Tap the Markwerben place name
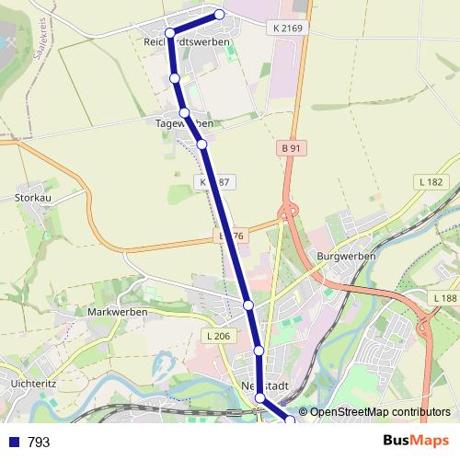point(111,312)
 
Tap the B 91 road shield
point(292,148)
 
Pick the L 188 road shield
point(443,299)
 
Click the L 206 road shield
point(218,336)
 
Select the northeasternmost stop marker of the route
point(220,14)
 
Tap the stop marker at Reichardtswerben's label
point(170,34)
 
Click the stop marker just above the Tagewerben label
point(185,113)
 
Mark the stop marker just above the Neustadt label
point(259,351)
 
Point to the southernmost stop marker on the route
point(291,420)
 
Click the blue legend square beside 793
point(13,443)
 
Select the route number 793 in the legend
point(39,443)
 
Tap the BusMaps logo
point(414,442)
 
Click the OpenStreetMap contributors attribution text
point(380,411)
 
